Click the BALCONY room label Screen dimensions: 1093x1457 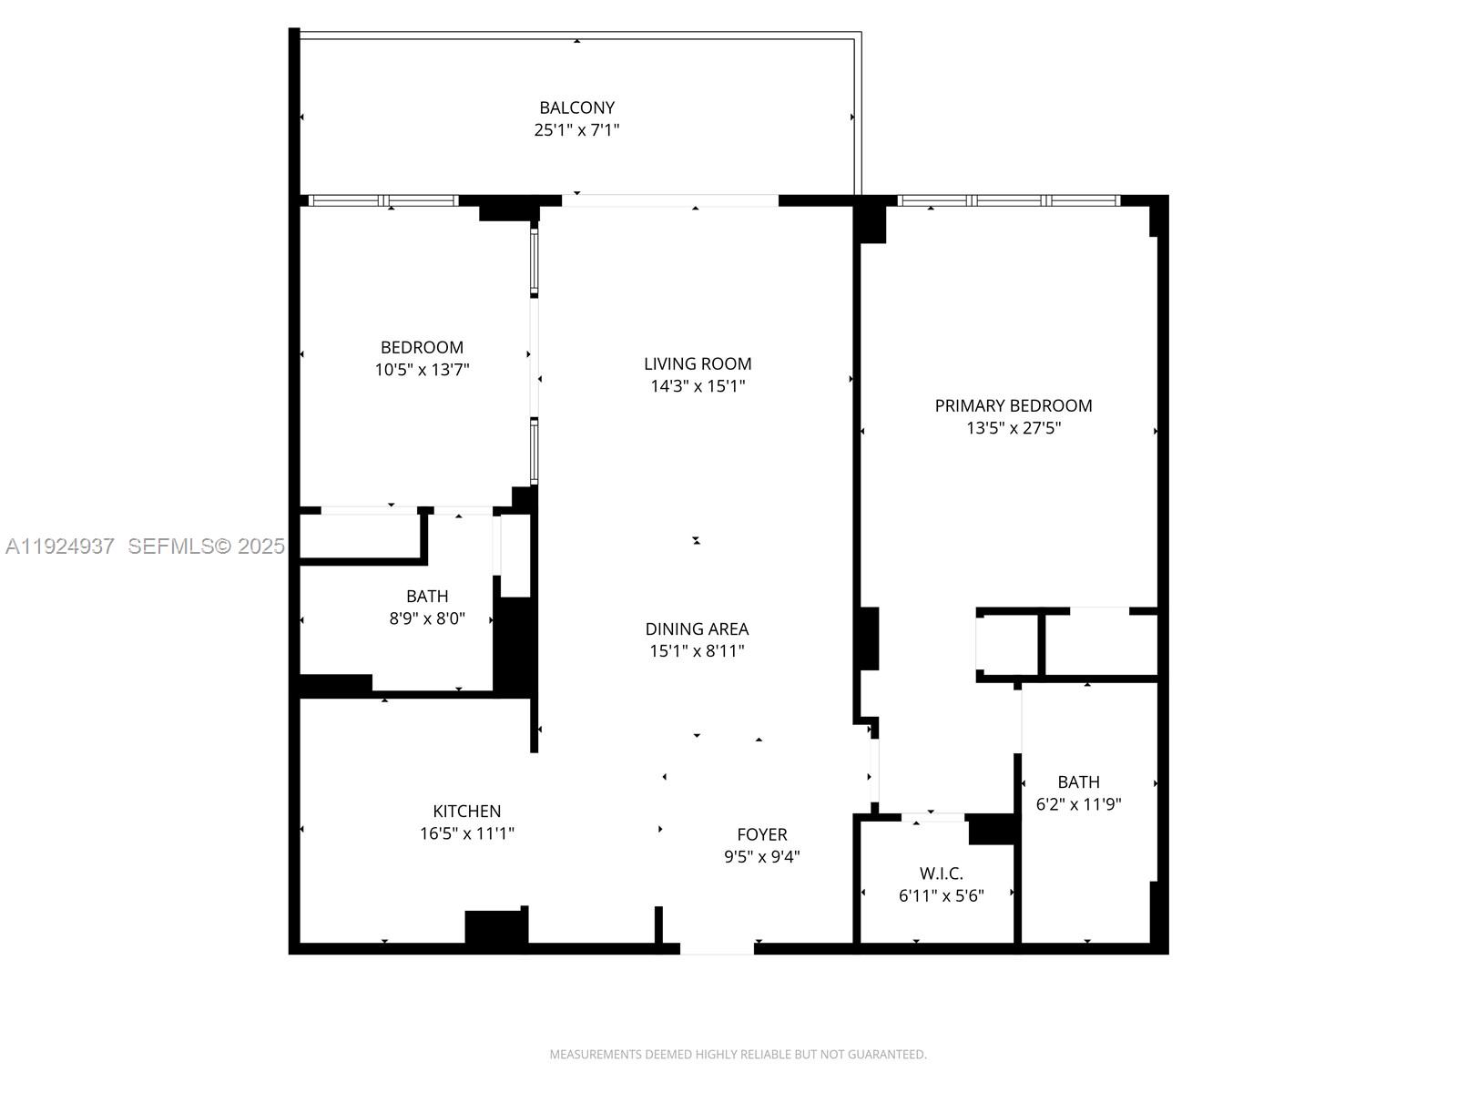coord(576,107)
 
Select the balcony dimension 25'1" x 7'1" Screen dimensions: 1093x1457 coord(576,130)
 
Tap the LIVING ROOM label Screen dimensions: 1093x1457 coord(698,363)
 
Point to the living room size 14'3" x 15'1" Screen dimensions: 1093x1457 coord(698,386)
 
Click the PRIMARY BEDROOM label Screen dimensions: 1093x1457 coord(1014,405)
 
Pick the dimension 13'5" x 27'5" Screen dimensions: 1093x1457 coord(1014,428)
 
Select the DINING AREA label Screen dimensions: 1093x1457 coord(697,628)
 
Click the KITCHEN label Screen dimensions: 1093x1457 coord(466,811)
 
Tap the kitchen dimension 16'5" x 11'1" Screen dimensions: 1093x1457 coord(466,833)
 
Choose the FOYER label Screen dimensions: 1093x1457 coord(762,834)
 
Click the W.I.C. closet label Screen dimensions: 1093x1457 coord(942,873)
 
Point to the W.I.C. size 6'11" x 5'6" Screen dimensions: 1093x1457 coord(942,896)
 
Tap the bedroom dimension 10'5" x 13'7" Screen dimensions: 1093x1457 coord(422,370)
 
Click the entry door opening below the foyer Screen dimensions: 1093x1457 coord(717,948)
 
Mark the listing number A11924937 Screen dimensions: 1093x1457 coord(60,546)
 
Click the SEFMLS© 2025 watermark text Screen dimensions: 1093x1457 coord(206,546)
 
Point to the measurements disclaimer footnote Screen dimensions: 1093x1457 coord(738,1055)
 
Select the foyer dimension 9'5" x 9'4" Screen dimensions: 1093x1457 coord(762,857)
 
